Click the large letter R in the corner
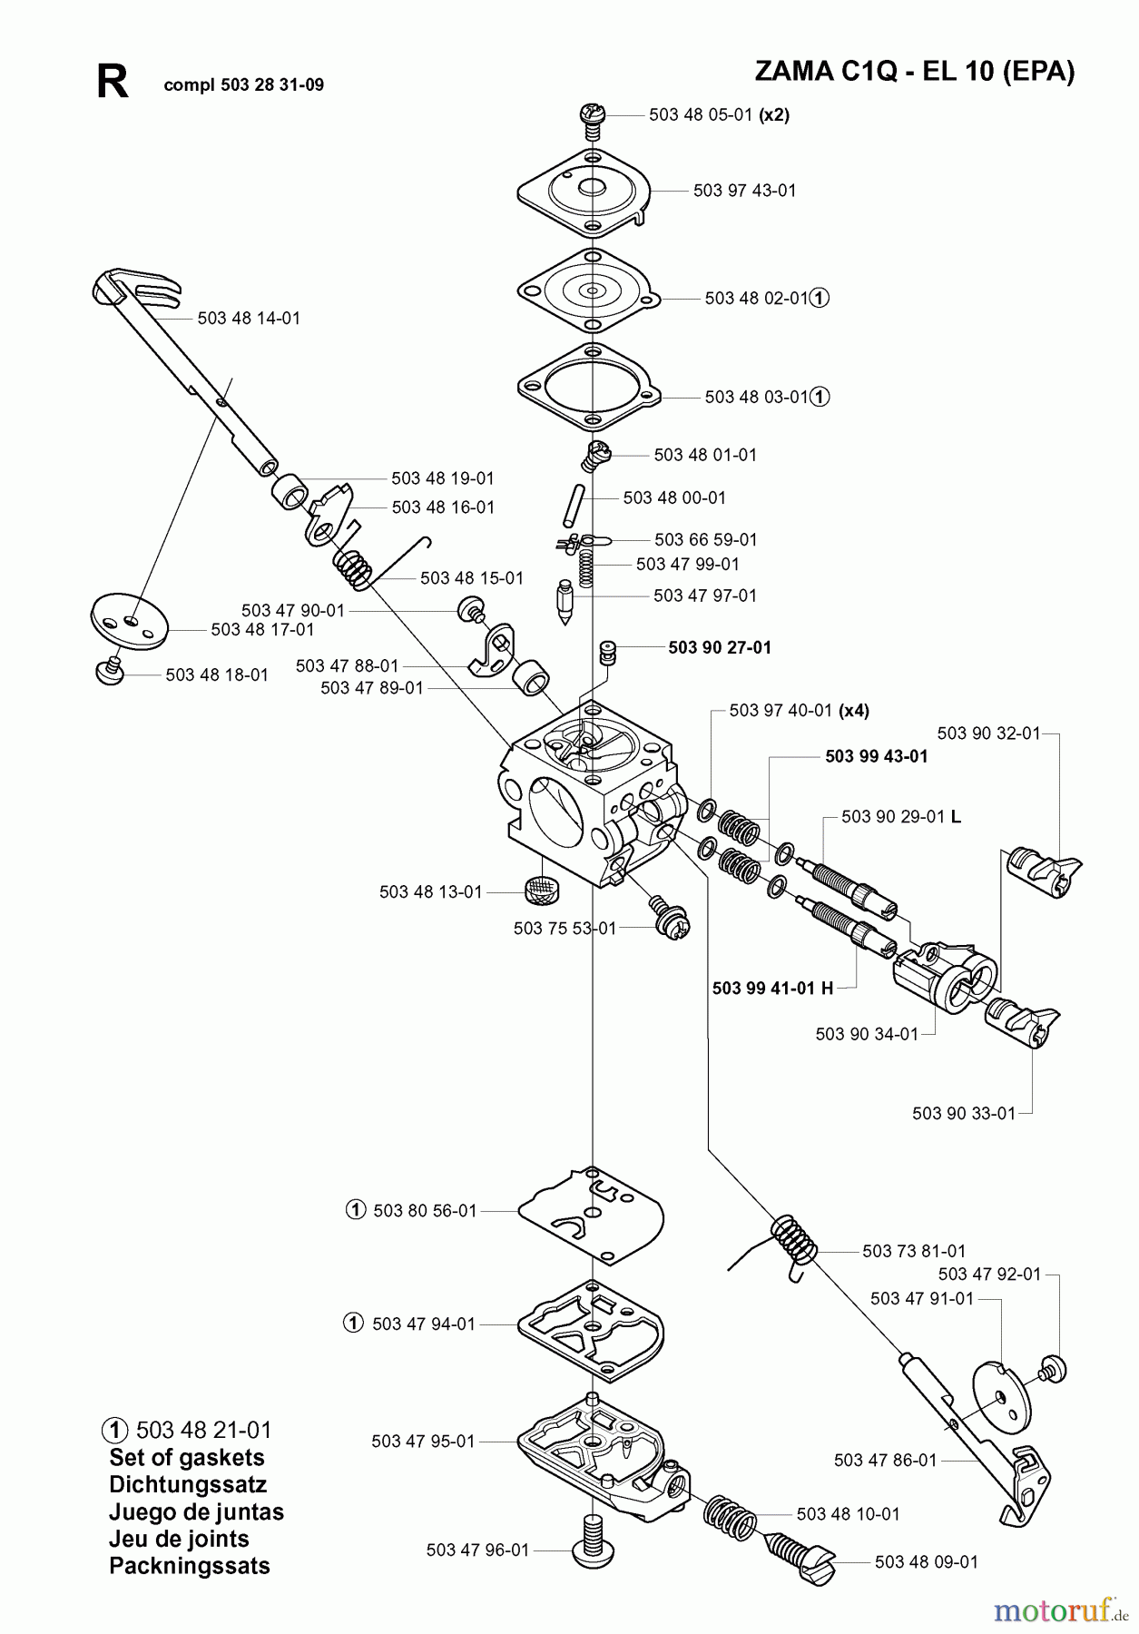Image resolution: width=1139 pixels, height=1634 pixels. click(x=113, y=83)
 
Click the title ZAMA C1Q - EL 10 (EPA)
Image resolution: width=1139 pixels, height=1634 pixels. click(x=914, y=72)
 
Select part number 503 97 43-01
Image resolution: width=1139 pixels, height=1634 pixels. click(x=744, y=191)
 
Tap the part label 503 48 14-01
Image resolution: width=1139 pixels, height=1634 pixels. click(x=249, y=319)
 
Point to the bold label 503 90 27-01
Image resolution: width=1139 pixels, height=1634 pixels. click(x=720, y=647)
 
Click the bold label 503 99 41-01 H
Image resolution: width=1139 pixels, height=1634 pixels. click(x=772, y=988)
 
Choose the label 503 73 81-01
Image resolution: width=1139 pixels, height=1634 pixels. click(x=914, y=1251)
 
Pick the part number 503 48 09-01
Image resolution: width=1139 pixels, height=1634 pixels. click(x=927, y=1562)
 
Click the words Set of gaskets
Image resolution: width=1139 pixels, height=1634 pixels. click(x=186, y=1458)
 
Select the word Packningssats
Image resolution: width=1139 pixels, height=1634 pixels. click(x=189, y=1566)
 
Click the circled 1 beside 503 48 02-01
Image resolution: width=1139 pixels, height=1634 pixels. click(x=819, y=298)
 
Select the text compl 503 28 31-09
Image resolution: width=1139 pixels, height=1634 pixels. click(x=243, y=85)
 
